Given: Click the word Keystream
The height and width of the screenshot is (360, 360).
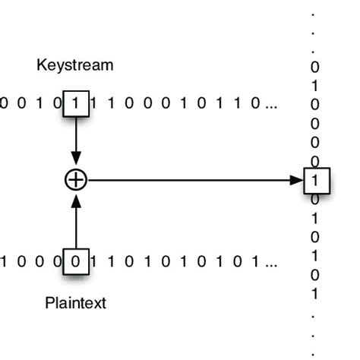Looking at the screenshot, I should coord(75,65).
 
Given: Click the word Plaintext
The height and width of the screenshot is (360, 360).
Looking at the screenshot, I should coord(75,304).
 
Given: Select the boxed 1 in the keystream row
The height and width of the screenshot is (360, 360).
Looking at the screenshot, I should coord(76,103).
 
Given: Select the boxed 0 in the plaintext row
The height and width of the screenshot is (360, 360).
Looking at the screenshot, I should coord(75,262).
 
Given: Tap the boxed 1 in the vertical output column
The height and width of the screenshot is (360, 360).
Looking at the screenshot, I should coord(314,181).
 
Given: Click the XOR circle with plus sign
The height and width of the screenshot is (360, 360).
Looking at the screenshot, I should coord(75,180).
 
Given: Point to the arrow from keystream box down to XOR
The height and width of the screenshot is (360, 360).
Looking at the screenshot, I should coord(75,141).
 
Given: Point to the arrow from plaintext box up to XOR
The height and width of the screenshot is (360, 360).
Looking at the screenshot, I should coord(75,220).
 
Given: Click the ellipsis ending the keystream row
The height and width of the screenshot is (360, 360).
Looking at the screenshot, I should coord(271,105).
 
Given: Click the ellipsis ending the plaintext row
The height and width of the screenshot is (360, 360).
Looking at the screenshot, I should coord(271,264).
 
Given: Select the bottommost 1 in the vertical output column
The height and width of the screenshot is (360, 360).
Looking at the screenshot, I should coord(314,294).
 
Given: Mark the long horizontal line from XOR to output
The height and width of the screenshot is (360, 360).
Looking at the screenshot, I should coord(190,180).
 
